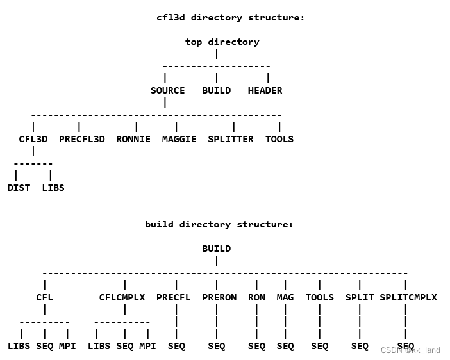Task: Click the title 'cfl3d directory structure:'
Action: tap(230, 17)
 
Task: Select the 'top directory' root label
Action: tap(222, 42)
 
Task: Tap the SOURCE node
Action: tap(167, 90)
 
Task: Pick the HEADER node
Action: tap(265, 90)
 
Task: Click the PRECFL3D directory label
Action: tap(81, 139)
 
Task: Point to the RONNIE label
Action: tap(133, 139)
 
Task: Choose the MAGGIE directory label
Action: tap(179, 139)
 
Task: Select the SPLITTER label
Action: tap(230, 139)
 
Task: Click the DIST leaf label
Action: tap(19, 188)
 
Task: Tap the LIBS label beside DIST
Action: tap(53, 188)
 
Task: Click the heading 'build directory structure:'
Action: tap(219, 224)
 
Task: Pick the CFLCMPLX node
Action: tap(122, 297)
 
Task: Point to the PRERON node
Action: tap(219, 297)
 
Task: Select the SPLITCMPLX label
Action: tap(408, 297)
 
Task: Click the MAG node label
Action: tap(285, 297)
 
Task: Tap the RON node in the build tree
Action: tap(256, 297)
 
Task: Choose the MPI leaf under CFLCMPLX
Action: tap(147, 346)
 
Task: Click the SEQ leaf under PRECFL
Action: tap(176, 346)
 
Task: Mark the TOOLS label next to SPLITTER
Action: tap(279, 139)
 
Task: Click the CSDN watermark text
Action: tap(410, 350)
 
